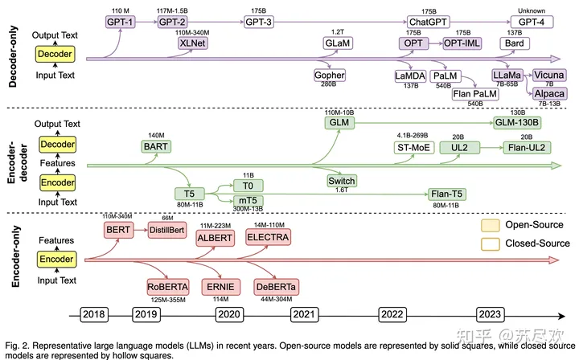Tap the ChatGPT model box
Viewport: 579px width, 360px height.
(x=429, y=23)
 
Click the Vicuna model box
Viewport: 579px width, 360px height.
(x=548, y=75)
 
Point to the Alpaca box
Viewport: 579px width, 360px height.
(x=548, y=92)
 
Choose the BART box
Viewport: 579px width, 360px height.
(x=156, y=147)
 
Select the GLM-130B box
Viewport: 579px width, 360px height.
(x=515, y=123)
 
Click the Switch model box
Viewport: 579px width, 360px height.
(x=341, y=181)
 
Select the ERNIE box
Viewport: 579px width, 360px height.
(x=220, y=287)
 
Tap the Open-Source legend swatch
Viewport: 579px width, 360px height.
(x=490, y=224)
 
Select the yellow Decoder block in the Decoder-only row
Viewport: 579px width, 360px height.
(x=55, y=55)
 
